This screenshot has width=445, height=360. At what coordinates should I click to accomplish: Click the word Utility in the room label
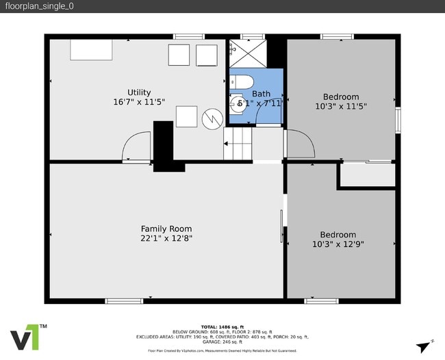point(139,92)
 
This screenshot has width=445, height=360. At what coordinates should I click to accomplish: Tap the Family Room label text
point(166,229)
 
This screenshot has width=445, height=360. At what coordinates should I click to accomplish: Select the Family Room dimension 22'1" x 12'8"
point(166,238)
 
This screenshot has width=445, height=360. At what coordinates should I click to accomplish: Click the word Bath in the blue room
point(261,94)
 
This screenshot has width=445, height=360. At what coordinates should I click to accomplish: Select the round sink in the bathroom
point(239,105)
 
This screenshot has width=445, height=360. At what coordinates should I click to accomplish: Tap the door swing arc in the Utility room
point(136,146)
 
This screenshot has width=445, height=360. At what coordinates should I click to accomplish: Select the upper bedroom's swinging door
point(300,144)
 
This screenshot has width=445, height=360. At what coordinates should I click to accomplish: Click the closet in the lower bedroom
point(367,175)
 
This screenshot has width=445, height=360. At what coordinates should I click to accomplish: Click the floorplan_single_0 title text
point(39,6)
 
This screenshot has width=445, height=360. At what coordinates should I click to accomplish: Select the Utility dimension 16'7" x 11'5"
point(139,102)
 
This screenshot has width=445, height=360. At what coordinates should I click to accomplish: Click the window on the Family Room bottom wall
point(124,300)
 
